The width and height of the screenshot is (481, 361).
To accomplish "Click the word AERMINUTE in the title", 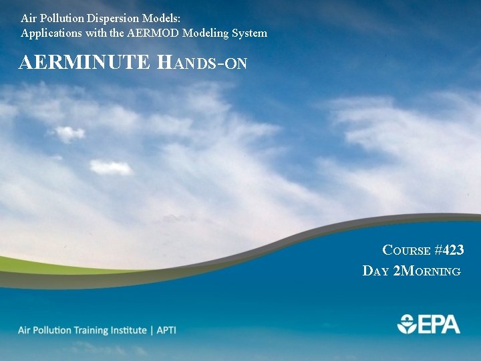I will pos(86,63).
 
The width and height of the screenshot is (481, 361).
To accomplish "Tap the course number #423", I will pos(449,250).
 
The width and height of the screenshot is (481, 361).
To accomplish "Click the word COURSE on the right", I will pos(406,251).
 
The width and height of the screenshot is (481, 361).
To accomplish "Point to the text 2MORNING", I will pos(428,271).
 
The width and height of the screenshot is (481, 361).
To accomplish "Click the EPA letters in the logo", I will pos(439,324).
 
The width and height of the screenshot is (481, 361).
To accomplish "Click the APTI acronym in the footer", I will pos(166,330).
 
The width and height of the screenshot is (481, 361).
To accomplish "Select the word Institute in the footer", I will pos(126,330).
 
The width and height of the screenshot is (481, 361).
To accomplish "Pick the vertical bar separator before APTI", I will pos(151,330).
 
